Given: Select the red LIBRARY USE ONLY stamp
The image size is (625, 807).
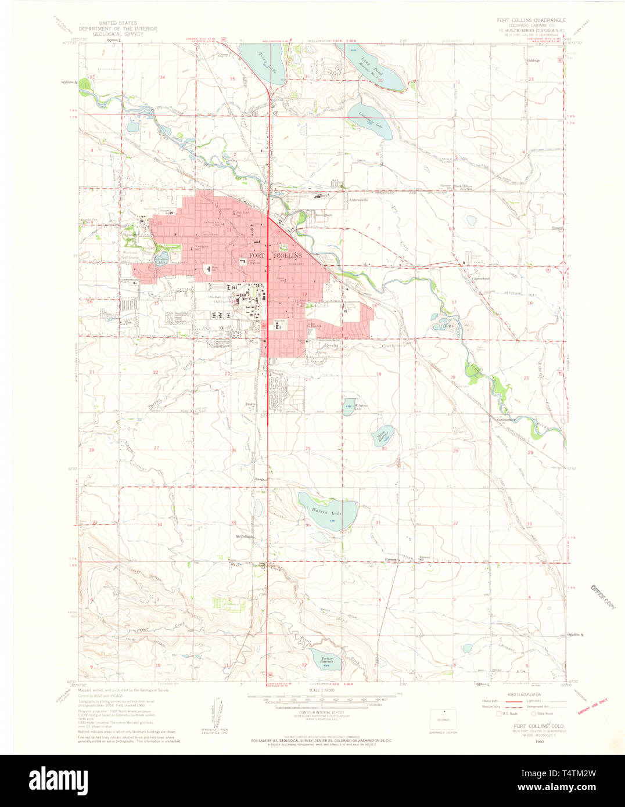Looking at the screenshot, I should tap(592, 708).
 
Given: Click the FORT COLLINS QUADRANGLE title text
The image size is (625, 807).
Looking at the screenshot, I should tap(531, 20).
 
